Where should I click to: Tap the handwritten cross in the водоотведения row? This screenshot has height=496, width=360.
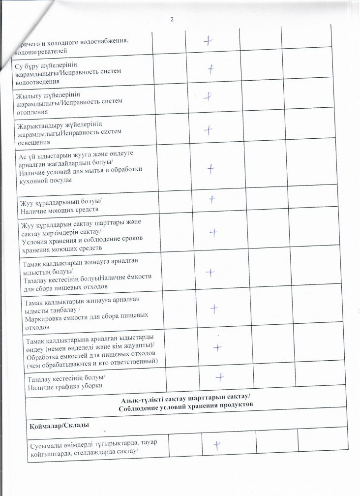tap(211, 69)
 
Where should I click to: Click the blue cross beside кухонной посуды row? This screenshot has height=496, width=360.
tap(211, 169)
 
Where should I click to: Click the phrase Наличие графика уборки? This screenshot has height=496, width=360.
tap(64, 386)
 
